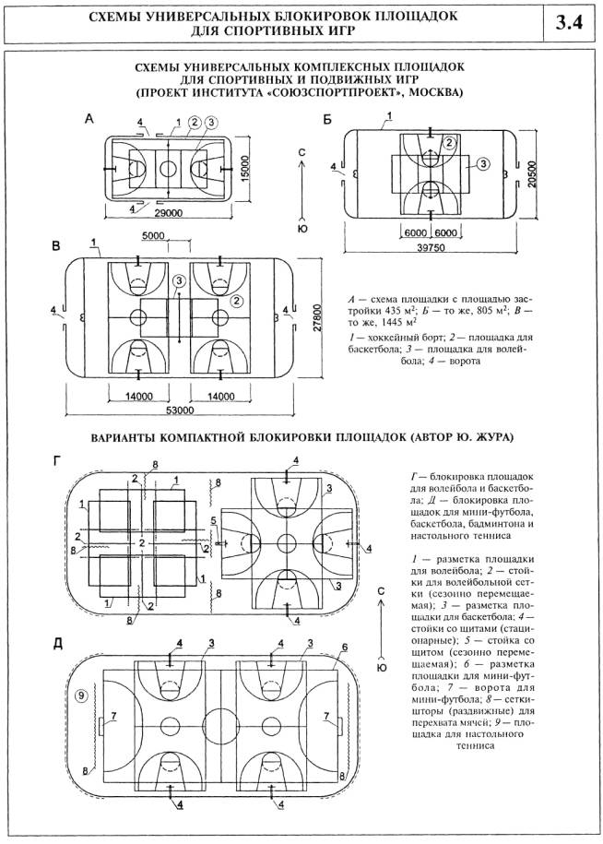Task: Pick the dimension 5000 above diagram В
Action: [x=180, y=235]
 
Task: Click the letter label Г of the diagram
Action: [x=57, y=458]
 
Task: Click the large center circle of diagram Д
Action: [x=219, y=720]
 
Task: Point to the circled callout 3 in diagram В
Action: [x=179, y=280]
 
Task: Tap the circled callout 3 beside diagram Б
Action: [x=482, y=163]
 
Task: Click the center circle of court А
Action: [x=167, y=168]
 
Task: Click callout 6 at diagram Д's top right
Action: [x=345, y=648]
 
